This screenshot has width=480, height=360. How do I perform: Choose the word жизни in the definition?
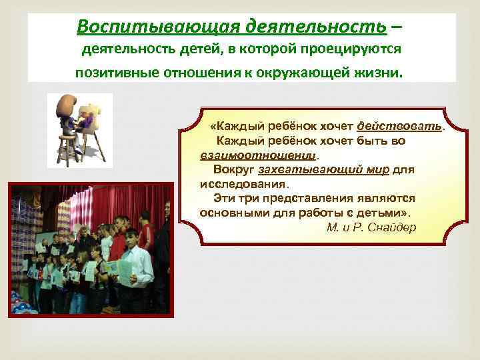(x=380, y=73)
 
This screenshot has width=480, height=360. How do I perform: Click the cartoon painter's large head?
(x=67, y=107)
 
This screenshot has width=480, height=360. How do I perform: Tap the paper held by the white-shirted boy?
(x=125, y=270)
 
